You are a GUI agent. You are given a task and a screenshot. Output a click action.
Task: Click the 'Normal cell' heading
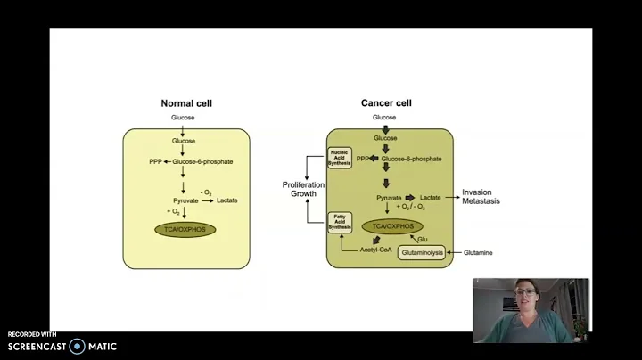185,103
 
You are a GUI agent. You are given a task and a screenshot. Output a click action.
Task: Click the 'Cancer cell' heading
385,103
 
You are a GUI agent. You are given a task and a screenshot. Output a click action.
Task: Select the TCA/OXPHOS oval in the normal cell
185,229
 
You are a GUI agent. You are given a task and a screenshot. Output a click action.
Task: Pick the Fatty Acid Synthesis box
340,222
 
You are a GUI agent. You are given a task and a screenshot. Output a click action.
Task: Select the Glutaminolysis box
416,252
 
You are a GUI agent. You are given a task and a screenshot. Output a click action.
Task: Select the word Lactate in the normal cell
228,201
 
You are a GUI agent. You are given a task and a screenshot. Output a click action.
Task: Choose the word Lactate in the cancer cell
431,195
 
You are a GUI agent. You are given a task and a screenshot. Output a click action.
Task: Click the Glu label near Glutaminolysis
423,239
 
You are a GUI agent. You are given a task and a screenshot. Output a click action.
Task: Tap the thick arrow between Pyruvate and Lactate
409,195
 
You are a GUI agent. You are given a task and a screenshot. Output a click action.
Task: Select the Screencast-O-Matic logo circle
78,346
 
